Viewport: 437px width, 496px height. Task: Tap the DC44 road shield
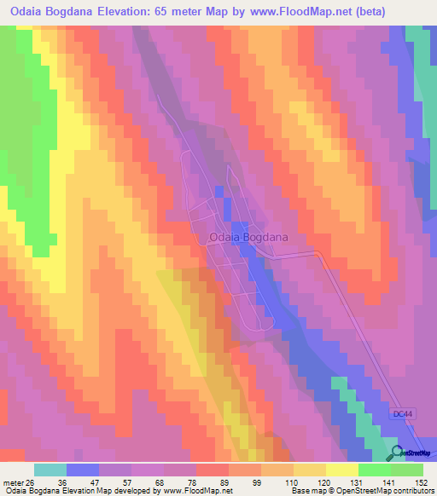point(404,413)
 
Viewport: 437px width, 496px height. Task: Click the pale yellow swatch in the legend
point(342,470)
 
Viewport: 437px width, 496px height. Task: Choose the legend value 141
point(388,482)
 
